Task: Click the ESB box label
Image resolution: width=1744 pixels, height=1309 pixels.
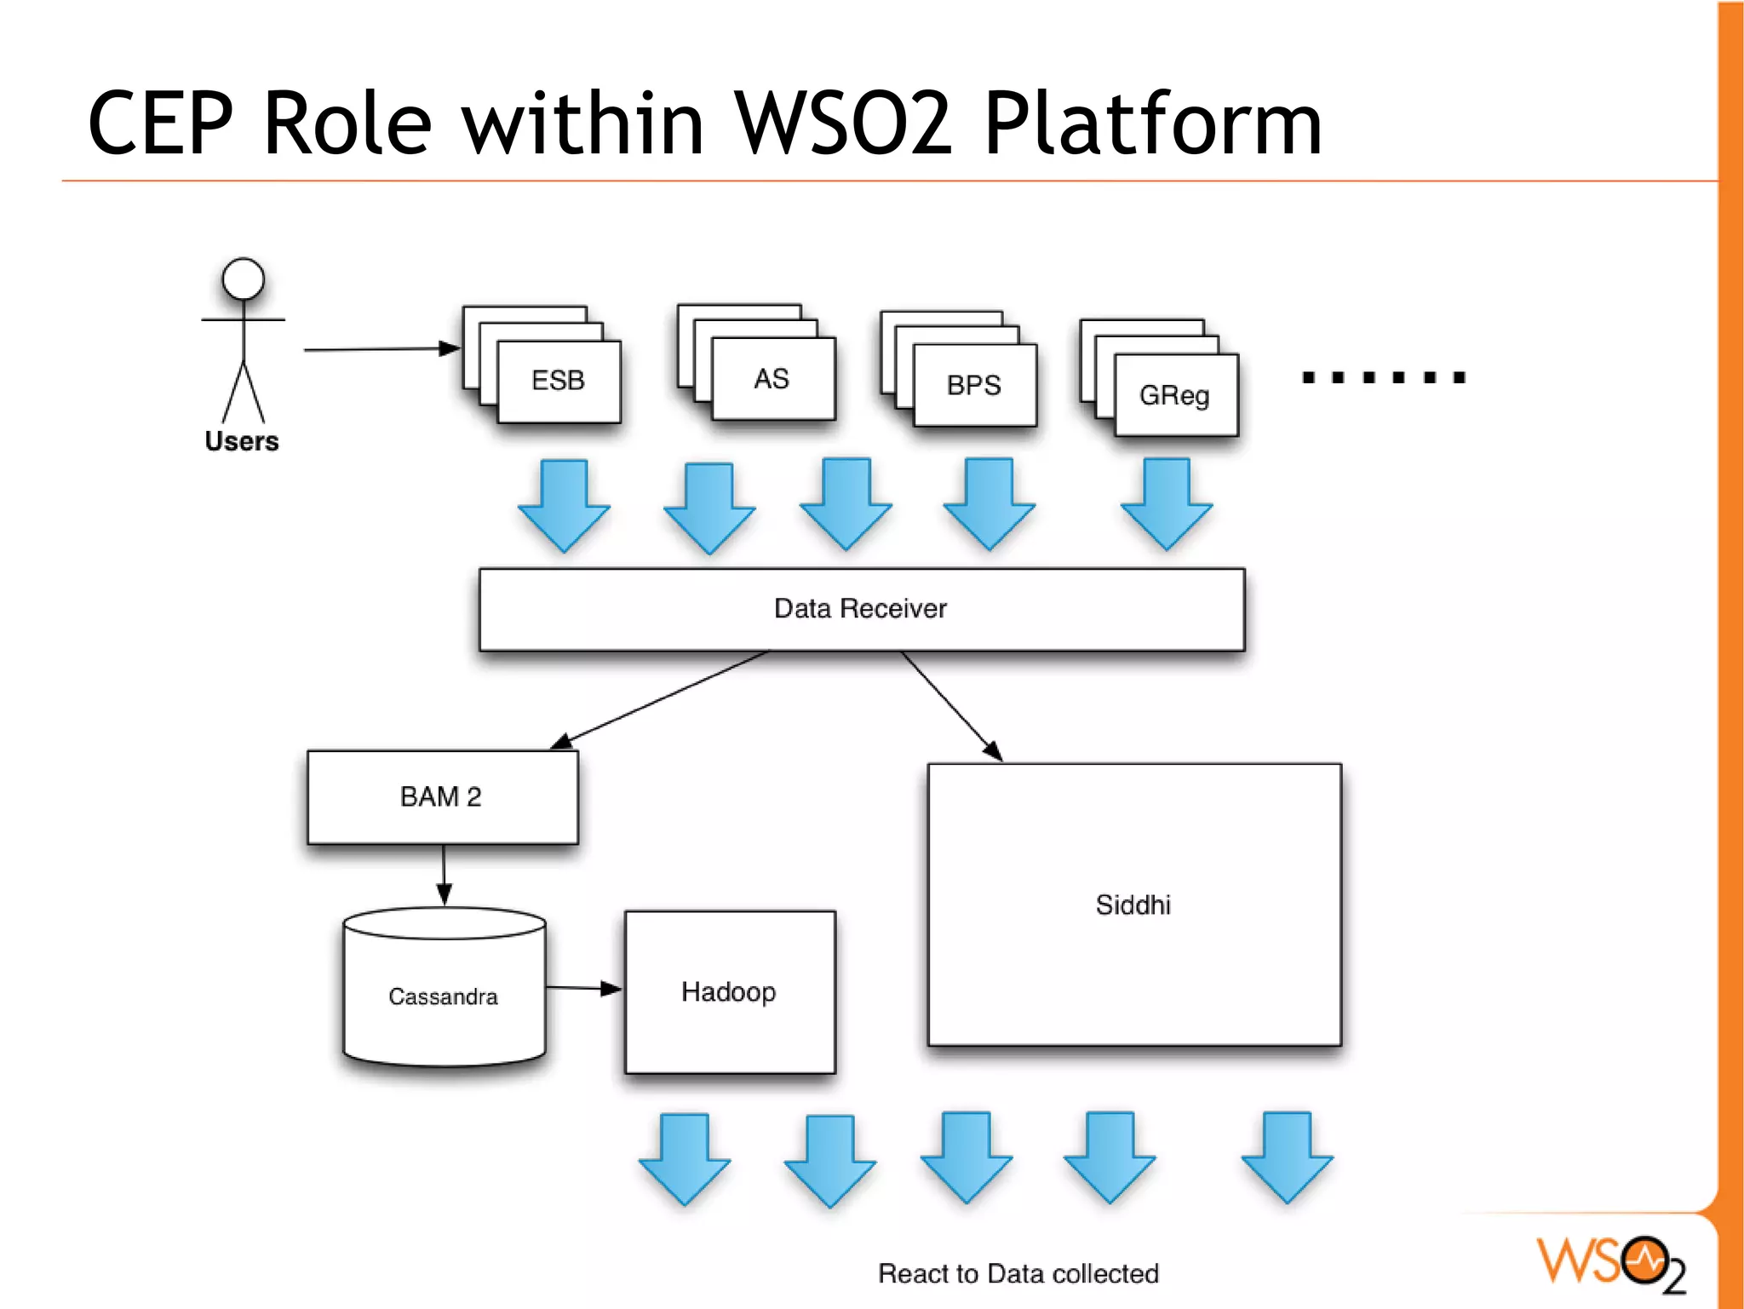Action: pyautogui.click(x=558, y=380)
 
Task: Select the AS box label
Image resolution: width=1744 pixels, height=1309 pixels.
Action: pyautogui.click(x=772, y=379)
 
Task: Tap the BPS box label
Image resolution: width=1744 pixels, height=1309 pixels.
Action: pyautogui.click(x=973, y=385)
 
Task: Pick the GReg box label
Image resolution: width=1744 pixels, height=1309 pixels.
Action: pyautogui.click(x=1174, y=395)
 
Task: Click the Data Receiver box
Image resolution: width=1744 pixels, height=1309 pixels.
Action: pyautogui.click(x=861, y=609)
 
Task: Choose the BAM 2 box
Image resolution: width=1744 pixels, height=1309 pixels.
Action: pyautogui.click(x=442, y=797)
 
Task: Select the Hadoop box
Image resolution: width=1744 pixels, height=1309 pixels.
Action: pyautogui.click(x=729, y=992)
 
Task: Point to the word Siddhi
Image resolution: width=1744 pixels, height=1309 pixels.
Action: pyautogui.click(x=1133, y=904)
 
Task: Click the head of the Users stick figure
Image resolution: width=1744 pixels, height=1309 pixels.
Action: pyautogui.click(x=244, y=279)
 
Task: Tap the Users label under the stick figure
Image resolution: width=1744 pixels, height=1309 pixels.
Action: pyautogui.click(x=242, y=441)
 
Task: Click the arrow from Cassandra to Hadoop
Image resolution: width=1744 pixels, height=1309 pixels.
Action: pyautogui.click(x=583, y=988)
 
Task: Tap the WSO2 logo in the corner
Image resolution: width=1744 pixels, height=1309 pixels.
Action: pyautogui.click(x=1609, y=1263)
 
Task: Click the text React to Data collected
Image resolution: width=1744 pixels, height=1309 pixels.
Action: pyautogui.click(x=1018, y=1273)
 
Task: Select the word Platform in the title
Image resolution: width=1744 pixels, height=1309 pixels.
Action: pyautogui.click(x=1152, y=124)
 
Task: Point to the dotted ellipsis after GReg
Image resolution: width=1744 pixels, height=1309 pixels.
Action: pyautogui.click(x=1383, y=377)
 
